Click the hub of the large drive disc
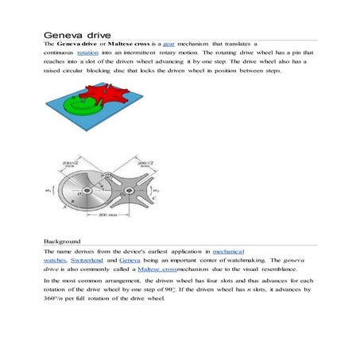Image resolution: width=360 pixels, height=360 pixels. tap(90, 188)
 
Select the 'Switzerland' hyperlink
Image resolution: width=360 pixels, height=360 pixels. tap(93, 260)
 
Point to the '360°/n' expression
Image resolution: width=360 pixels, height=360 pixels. tap(56, 300)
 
